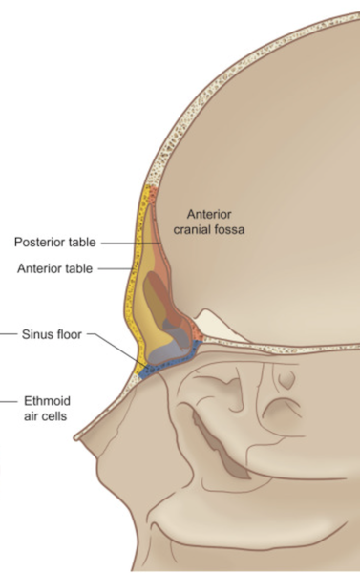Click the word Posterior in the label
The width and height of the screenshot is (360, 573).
(37, 242)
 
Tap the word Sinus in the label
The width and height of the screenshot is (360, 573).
(34, 334)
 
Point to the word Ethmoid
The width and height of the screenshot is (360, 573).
(47, 401)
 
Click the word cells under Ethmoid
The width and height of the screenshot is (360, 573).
(55, 416)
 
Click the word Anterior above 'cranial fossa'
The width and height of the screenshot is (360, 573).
(209, 214)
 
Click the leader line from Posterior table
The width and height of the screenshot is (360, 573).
(131, 243)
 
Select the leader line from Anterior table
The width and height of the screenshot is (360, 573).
(116, 269)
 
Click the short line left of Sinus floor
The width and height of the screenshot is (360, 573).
(9, 334)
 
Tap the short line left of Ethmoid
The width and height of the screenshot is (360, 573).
(9, 401)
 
